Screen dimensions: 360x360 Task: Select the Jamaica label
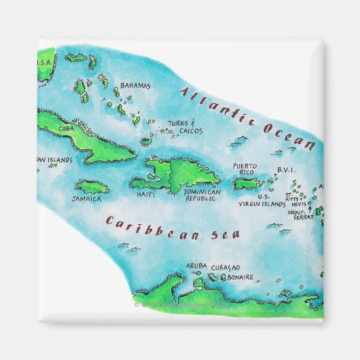click(x=86, y=200)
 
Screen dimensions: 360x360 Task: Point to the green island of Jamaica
click(x=91, y=185)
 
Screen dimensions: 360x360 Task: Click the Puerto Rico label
click(x=244, y=169)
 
